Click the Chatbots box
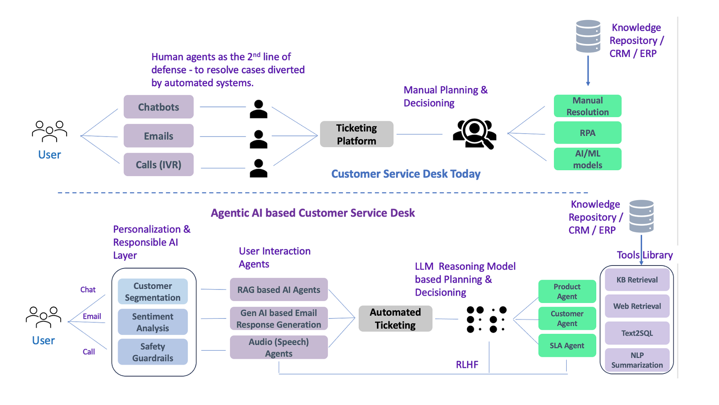158,107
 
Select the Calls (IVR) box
158,165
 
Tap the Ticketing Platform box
357,134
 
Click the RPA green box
587,133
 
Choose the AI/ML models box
587,159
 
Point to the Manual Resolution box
587,106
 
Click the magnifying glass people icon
474,134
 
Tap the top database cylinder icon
588,36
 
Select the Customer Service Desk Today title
406,174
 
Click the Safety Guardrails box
152,352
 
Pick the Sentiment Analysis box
152,322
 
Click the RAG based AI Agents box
279,289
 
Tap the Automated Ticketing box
395,318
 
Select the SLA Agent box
567,345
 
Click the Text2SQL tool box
637,333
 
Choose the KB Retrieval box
637,280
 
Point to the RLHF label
467,364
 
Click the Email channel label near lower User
92,316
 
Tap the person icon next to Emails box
258,139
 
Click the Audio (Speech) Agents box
279,348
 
